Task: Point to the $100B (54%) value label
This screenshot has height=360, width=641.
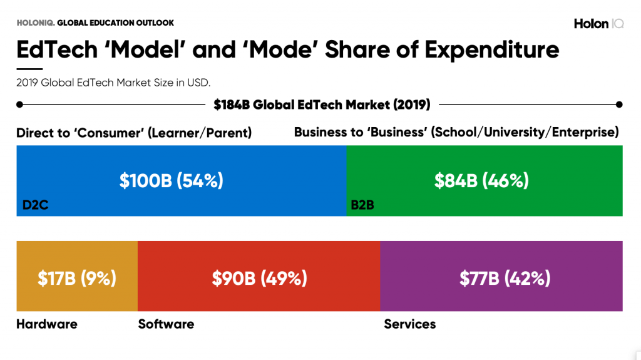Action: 172,181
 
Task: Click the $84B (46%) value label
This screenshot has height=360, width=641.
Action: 481,181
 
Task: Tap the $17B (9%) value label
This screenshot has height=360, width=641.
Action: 77,278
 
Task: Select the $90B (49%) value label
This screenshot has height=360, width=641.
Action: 259,278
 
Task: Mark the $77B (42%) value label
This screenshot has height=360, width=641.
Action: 505,278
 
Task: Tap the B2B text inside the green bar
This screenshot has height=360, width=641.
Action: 362,204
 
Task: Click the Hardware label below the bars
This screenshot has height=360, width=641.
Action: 46,324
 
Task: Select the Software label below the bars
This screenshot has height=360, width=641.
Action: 166,324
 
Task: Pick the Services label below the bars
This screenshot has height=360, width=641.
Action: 409,324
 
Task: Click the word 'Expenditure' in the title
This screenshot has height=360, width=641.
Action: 492,49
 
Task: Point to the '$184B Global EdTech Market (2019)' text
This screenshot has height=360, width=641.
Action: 322,105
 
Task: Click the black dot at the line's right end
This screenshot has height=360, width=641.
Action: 619,105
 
